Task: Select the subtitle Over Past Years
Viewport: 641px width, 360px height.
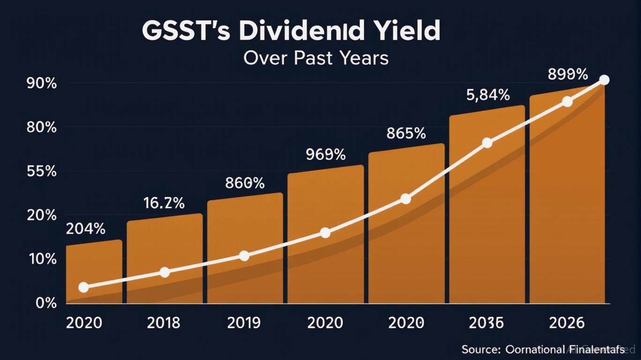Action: (316, 58)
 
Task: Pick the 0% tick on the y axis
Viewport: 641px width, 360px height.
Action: (46, 303)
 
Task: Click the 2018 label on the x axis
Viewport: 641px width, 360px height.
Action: (164, 323)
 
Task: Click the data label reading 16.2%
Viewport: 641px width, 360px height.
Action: (164, 203)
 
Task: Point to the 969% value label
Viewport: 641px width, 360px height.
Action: (326, 154)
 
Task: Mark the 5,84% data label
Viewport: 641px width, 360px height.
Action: (488, 95)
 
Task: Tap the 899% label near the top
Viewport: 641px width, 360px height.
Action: (567, 74)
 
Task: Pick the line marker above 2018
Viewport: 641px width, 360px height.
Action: (164, 272)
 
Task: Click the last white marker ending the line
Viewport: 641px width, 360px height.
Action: (604, 80)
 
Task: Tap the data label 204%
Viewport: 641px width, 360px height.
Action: (85, 229)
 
